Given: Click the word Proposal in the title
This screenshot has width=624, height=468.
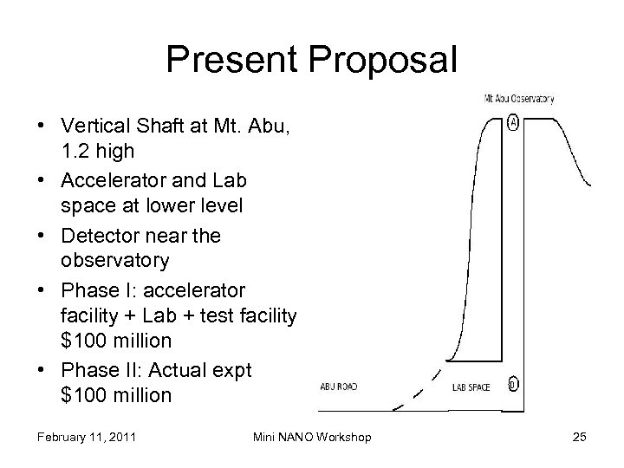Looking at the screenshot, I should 380,61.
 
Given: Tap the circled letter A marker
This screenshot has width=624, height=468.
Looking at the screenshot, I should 514,123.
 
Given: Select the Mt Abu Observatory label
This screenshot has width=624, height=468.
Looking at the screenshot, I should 518,98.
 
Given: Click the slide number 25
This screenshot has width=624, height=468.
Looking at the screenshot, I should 579,437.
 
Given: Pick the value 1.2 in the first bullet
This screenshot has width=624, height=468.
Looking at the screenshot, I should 76,152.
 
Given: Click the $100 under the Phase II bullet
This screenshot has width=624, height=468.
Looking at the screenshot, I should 83,395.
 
